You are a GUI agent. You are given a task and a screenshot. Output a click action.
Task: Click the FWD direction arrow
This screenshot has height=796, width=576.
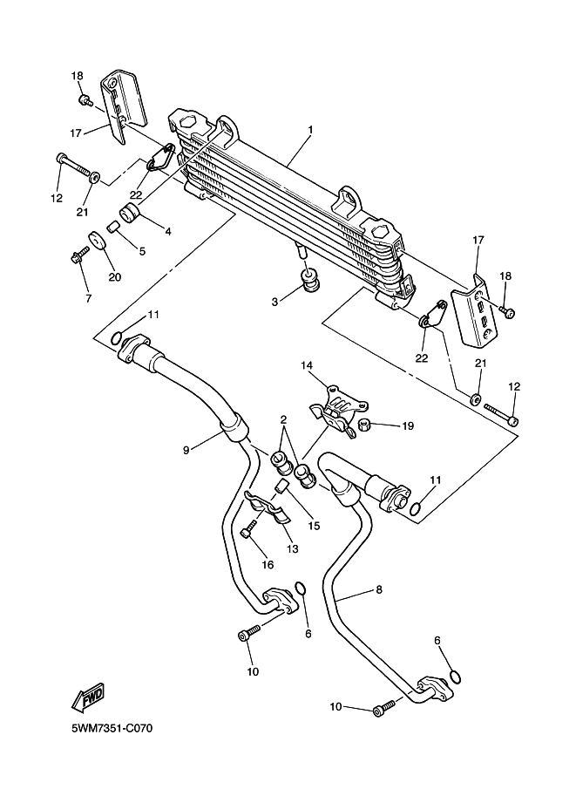(x=88, y=697)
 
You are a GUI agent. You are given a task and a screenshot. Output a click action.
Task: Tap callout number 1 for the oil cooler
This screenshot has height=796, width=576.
(x=310, y=129)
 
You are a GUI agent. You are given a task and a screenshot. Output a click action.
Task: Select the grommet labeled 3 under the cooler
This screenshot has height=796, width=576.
(x=311, y=281)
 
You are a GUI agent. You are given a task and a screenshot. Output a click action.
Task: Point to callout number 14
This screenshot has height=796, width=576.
(x=307, y=365)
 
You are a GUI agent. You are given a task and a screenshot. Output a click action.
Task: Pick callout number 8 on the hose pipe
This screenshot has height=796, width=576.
(x=379, y=589)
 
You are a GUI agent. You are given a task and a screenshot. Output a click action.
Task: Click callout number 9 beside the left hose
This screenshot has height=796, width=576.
(x=186, y=450)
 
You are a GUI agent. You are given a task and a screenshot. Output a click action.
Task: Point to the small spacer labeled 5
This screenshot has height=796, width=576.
(x=113, y=224)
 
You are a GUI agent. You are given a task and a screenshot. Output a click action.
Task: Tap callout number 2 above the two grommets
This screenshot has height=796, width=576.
(x=283, y=419)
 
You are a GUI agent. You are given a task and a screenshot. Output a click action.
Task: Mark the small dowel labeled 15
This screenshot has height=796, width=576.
(x=282, y=486)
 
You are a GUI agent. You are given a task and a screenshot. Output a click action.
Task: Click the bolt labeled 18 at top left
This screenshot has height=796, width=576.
(x=85, y=99)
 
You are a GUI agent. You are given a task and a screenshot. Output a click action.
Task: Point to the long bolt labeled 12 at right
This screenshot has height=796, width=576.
(x=501, y=413)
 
